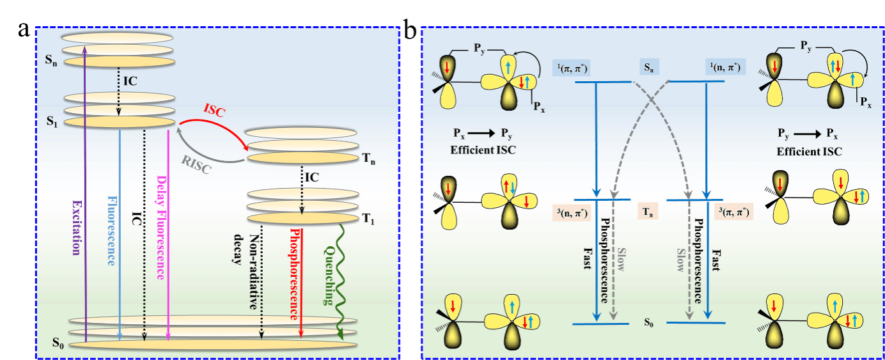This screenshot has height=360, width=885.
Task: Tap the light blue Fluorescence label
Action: click(x=113, y=230)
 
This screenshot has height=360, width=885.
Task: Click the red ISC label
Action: click(x=214, y=109)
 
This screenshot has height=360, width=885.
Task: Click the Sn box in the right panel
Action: click(x=650, y=67)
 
